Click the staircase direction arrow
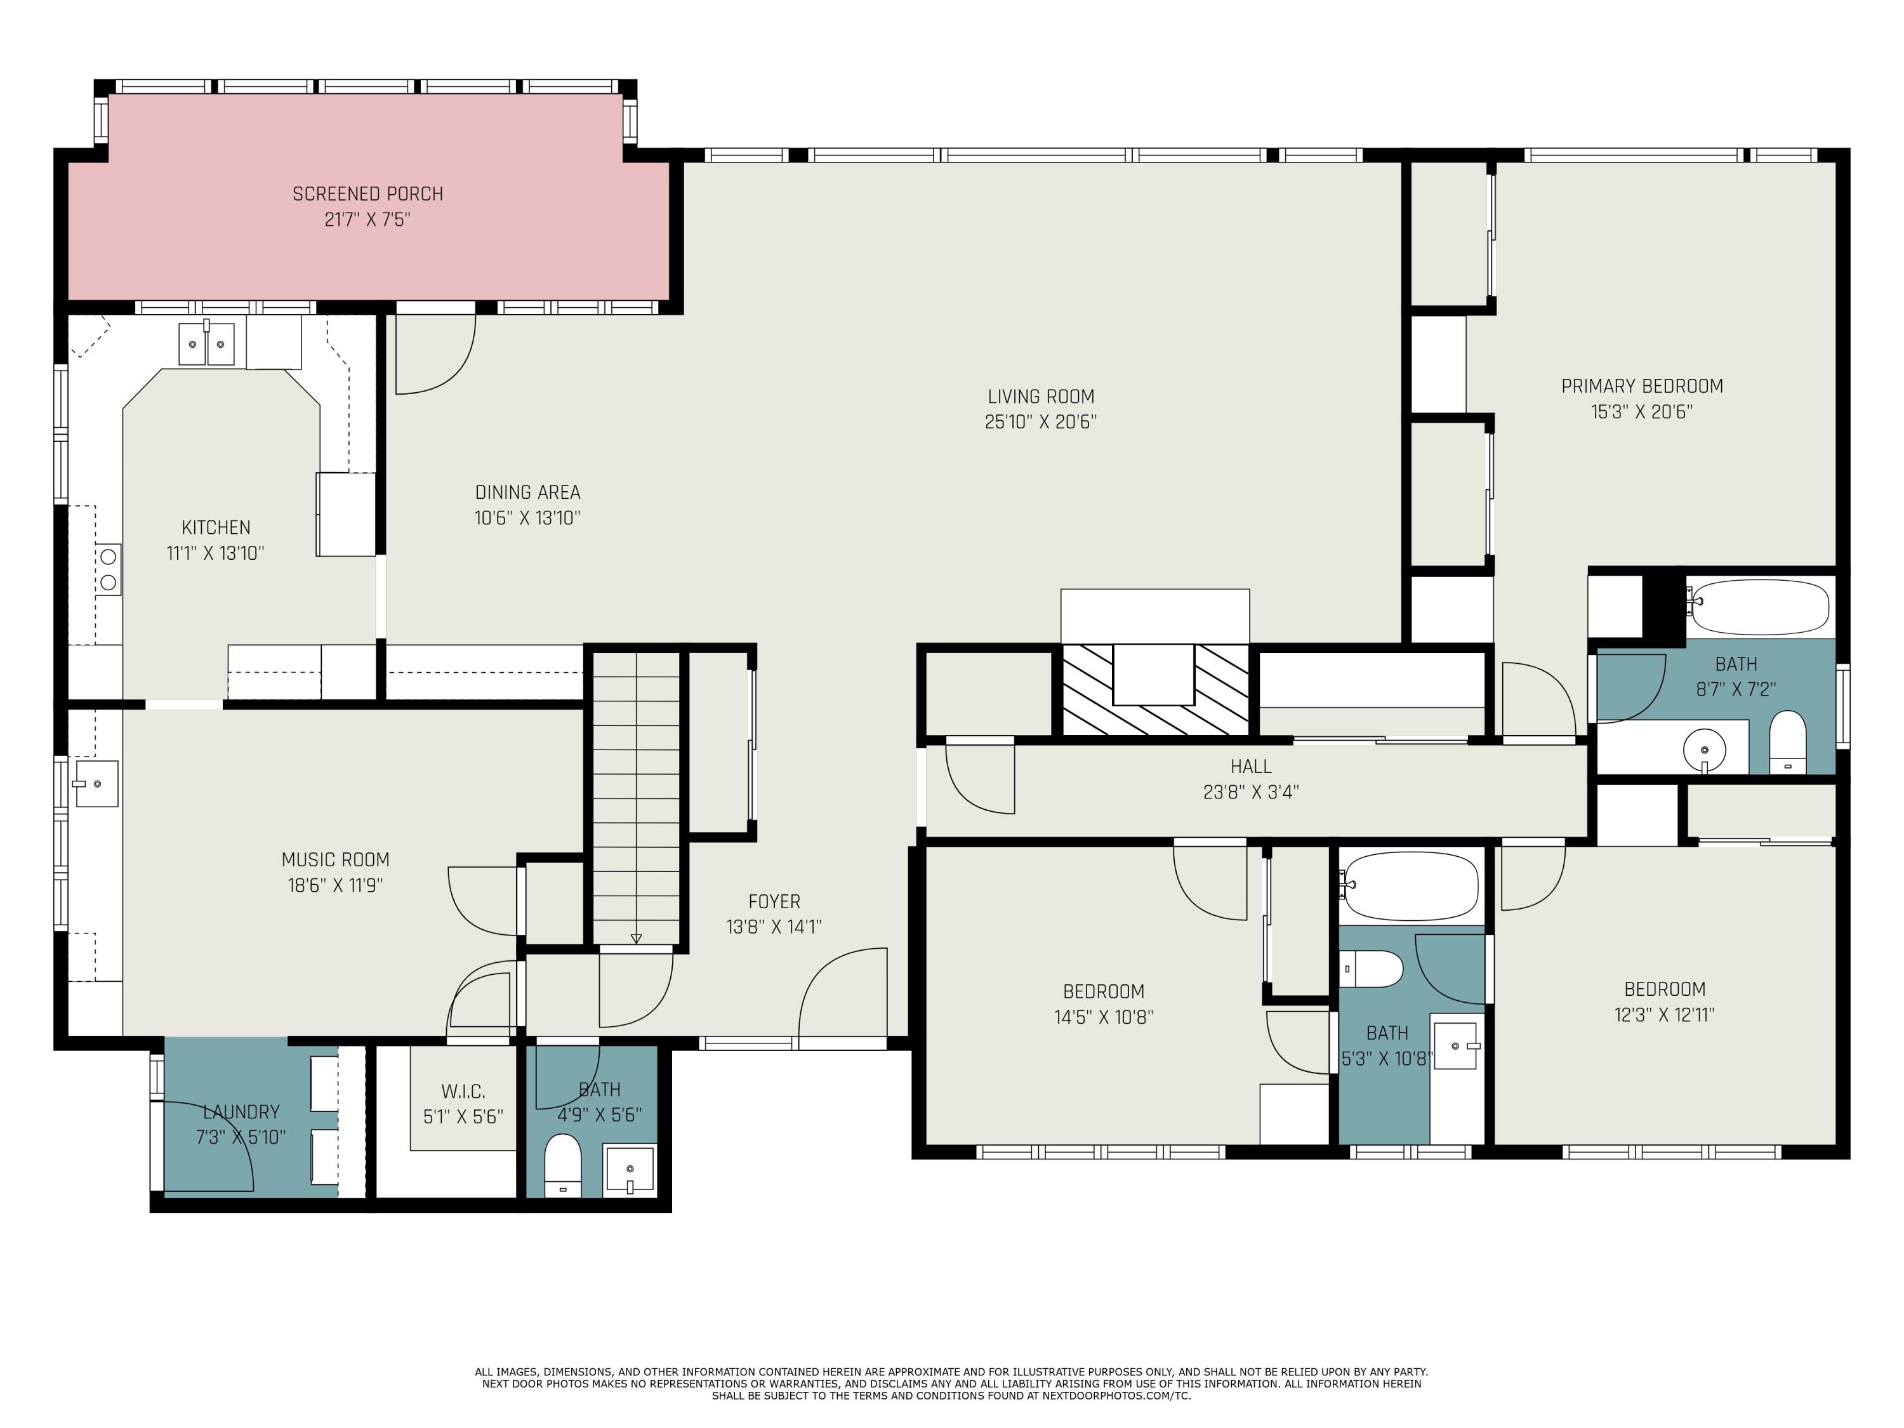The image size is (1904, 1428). tap(636, 938)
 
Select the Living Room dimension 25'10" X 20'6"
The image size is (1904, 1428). tap(1041, 422)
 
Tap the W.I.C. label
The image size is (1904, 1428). tap(463, 1092)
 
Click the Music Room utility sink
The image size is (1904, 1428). tap(96, 783)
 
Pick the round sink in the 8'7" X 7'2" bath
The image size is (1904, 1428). tap(1703, 750)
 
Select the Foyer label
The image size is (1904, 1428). tap(774, 901)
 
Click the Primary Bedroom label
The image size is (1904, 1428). tap(1641, 387)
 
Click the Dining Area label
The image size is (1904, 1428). tap(527, 493)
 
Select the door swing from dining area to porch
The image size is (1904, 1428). tap(435, 353)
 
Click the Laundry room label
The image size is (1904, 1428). tap(241, 1111)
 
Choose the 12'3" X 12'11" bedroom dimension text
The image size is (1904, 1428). tap(1664, 1015)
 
